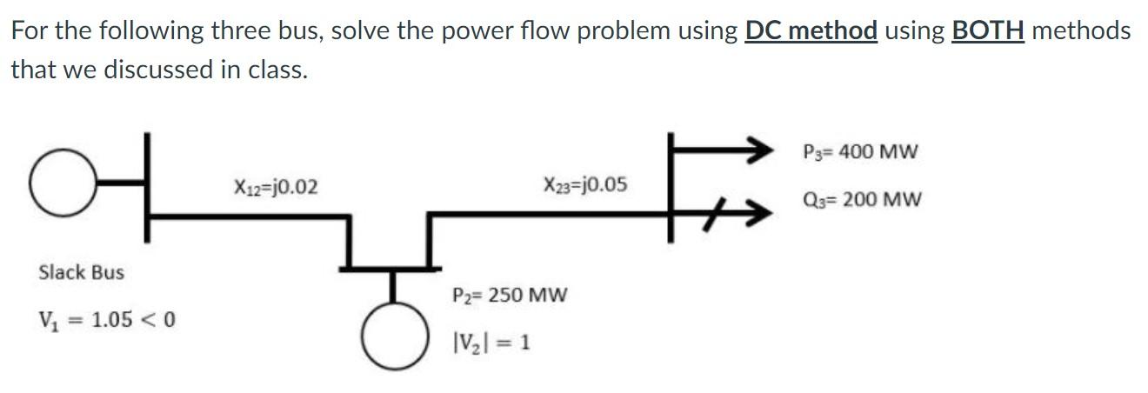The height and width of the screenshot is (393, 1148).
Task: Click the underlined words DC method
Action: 811,31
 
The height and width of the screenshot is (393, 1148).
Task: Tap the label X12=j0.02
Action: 276,186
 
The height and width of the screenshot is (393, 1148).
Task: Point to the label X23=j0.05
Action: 584,184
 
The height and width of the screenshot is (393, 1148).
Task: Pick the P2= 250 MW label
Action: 510,295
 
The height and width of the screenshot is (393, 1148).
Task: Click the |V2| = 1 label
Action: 492,342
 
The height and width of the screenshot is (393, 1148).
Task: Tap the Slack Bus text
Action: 81,272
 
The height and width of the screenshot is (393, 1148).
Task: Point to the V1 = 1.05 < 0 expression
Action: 106,320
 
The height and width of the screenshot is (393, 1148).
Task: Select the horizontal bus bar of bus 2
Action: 390,269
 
